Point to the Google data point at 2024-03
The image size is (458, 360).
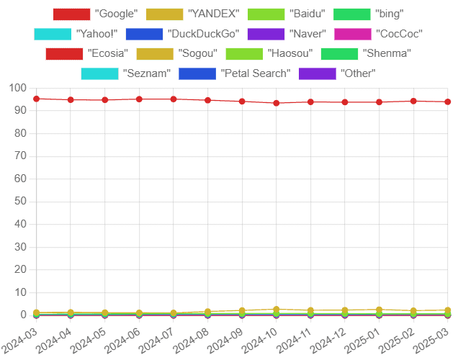(36, 99)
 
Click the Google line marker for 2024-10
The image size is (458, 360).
(276, 103)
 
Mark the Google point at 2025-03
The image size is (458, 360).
(447, 102)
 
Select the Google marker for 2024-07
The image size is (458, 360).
(173, 99)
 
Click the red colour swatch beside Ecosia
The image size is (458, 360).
(64, 54)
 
